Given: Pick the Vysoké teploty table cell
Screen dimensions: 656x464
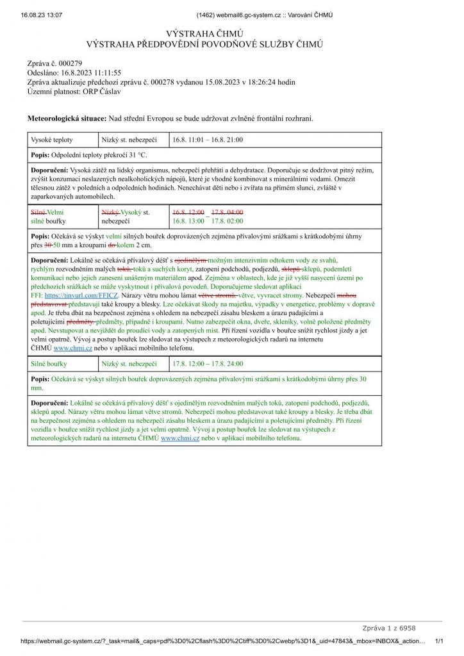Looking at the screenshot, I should point(52,139).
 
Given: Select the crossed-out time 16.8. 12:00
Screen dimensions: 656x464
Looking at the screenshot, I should point(188,212).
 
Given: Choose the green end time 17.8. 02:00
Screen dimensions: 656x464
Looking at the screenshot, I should point(228,221).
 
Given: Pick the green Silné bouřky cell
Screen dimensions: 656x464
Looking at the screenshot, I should point(51,364).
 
